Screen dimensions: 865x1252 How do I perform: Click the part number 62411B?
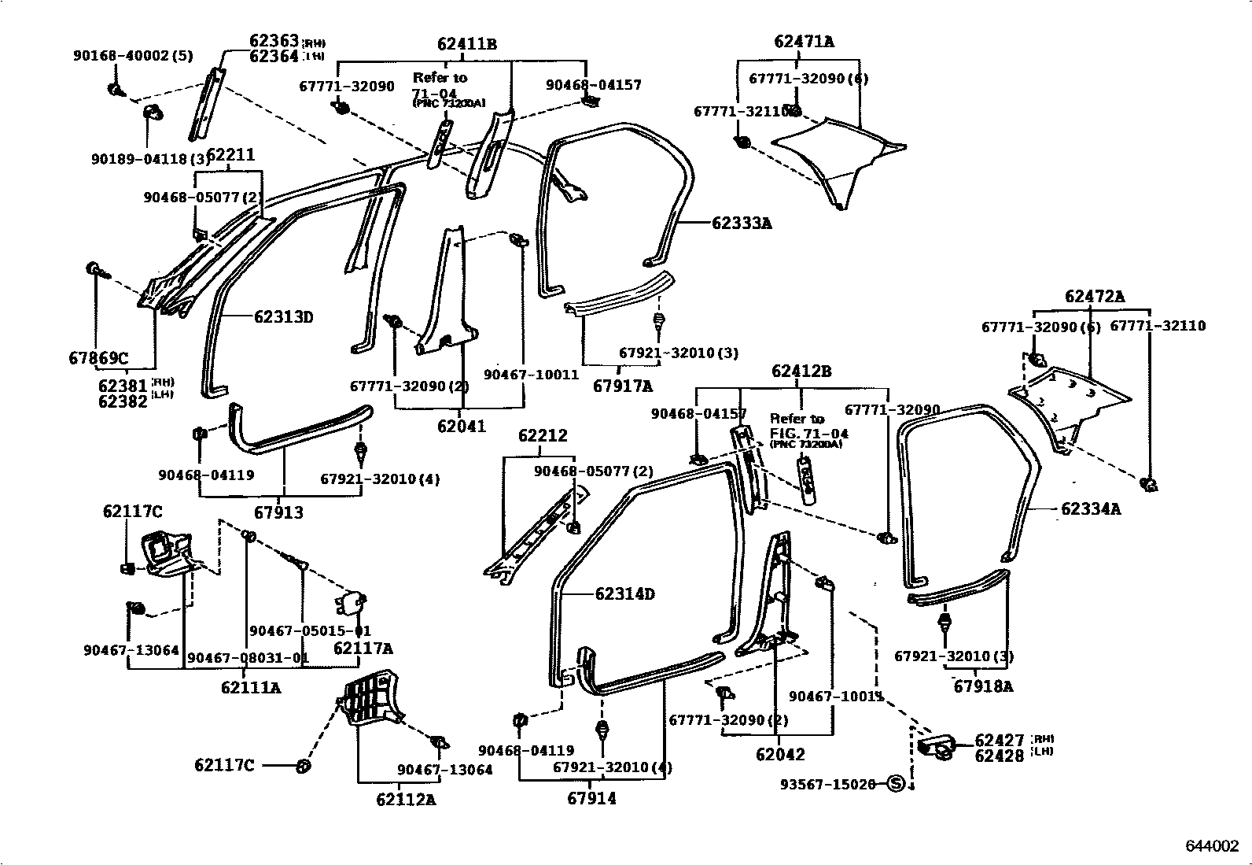[467, 45]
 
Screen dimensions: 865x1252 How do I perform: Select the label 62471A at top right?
[804, 42]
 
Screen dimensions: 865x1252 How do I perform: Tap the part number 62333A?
[742, 224]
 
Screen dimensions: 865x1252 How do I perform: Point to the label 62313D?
[283, 317]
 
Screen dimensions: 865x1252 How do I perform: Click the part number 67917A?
[622, 386]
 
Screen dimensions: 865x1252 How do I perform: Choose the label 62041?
[462, 427]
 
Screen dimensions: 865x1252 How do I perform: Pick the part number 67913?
[278, 512]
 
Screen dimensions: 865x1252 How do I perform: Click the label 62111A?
[251, 687]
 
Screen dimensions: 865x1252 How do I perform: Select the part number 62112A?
[406, 800]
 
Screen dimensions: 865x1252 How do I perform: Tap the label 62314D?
[624, 593]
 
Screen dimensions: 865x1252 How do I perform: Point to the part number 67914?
[591, 798]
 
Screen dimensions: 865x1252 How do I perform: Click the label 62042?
[780, 754]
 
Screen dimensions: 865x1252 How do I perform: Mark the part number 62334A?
[1090, 509]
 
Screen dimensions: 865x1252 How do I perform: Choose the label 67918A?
[983, 686]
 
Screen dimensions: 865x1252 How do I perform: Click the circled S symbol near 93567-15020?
[895, 783]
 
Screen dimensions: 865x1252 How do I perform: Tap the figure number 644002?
[1212, 845]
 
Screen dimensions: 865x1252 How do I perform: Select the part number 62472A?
[1094, 297]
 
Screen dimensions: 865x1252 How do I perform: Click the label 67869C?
[98, 358]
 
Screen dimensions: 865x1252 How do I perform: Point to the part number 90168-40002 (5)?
[133, 56]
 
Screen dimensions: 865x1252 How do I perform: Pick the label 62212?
[542, 435]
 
